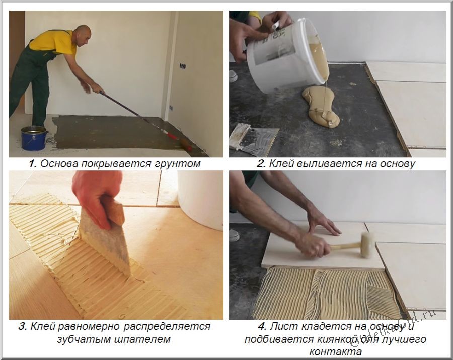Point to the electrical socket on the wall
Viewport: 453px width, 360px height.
(x=183, y=66)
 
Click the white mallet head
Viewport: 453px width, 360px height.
(x=366, y=244)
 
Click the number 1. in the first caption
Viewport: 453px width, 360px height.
(x=33, y=164)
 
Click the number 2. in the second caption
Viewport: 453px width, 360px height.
(x=261, y=164)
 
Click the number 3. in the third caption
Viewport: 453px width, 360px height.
(x=23, y=326)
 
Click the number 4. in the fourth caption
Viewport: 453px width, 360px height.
(x=262, y=326)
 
